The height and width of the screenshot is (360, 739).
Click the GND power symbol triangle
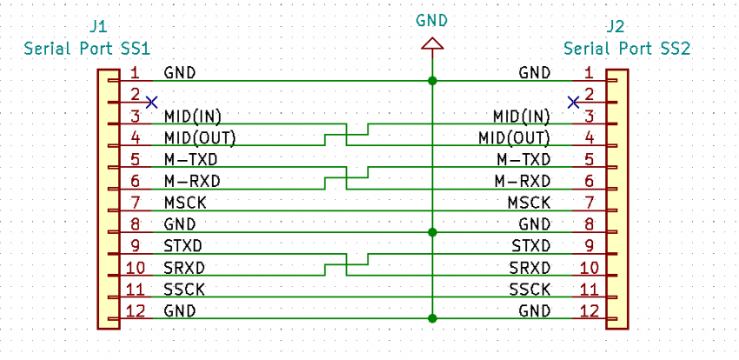coord(432,43)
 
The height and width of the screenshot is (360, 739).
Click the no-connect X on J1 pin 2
coord(151,103)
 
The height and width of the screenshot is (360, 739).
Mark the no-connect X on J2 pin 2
coord(574,103)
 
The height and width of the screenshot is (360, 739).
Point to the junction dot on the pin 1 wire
coord(432,81)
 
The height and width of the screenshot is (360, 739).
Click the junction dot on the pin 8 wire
coord(432,232)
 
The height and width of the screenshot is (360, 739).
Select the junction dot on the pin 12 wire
coord(432,318)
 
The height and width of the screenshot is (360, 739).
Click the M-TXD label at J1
coord(191,160)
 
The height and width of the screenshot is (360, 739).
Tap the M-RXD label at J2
coord(523,181)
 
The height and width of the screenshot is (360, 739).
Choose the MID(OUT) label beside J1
coord(199,138)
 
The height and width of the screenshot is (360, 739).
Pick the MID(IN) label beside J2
coord(522,116)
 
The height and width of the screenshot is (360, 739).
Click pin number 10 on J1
coord(137,268)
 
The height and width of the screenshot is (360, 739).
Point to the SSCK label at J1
coord(184,290)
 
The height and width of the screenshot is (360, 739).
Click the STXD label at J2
coord(531,246)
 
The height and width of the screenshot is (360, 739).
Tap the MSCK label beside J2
coord(529,203)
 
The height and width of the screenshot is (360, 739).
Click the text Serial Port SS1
coord(87,49)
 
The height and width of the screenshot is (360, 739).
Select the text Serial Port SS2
coord(627,49)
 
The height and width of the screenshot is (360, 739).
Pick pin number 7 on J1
coord(136,203)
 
